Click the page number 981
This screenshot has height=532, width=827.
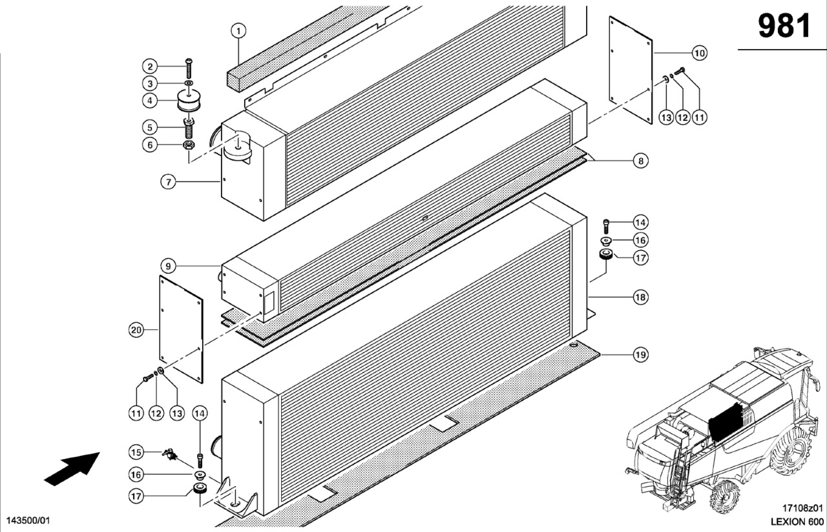(784, 26)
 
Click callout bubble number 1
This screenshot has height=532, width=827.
(238, 30)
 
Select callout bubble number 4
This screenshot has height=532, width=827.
(150, 101)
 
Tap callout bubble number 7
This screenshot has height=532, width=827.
(168, 182)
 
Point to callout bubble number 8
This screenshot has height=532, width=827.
(640, 161)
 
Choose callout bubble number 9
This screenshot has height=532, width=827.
(167, 265)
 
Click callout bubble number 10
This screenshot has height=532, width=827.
(700, 52)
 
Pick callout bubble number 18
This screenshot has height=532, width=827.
(640, 298)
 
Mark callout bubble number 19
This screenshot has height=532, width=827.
(640, 354)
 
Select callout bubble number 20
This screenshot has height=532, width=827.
(136, 330)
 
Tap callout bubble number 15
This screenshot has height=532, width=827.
(136, 452)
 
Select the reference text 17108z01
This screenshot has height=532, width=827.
(802, 508)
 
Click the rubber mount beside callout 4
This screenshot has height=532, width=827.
(189, 101)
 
